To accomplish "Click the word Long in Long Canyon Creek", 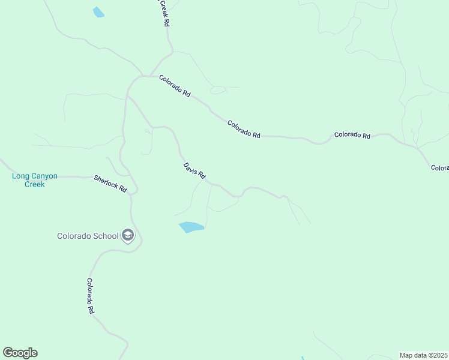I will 21,176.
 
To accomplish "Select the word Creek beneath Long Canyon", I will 35,184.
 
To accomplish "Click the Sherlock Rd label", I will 110,184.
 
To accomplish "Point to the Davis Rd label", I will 194,170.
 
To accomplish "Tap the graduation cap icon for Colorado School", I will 127,235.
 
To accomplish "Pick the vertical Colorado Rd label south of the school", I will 90,296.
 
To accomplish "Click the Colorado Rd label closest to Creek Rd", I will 175,86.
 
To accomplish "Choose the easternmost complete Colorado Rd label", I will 352,136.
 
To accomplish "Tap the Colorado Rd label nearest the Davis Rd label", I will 244,130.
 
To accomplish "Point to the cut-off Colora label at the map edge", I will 439,168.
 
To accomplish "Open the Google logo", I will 20,353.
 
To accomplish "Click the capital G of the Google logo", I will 8,352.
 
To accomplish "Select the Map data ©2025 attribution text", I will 423,355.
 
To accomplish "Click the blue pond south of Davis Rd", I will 191,227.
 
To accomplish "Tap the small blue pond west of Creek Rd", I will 98,11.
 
